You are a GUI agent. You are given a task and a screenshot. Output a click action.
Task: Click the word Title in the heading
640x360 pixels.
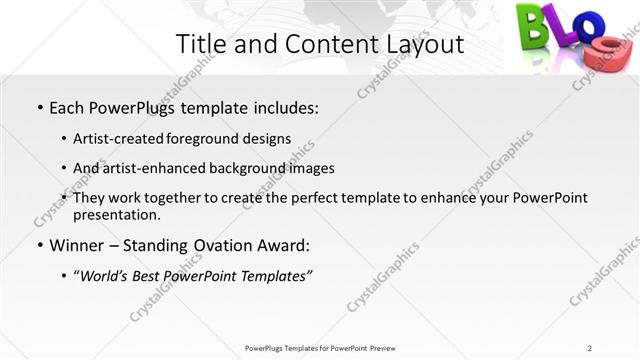(x=202, y=44)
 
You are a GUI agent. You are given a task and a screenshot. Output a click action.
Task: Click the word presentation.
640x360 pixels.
(x=117, y=214)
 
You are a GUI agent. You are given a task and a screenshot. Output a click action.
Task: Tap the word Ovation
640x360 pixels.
(x=223, y=245)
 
